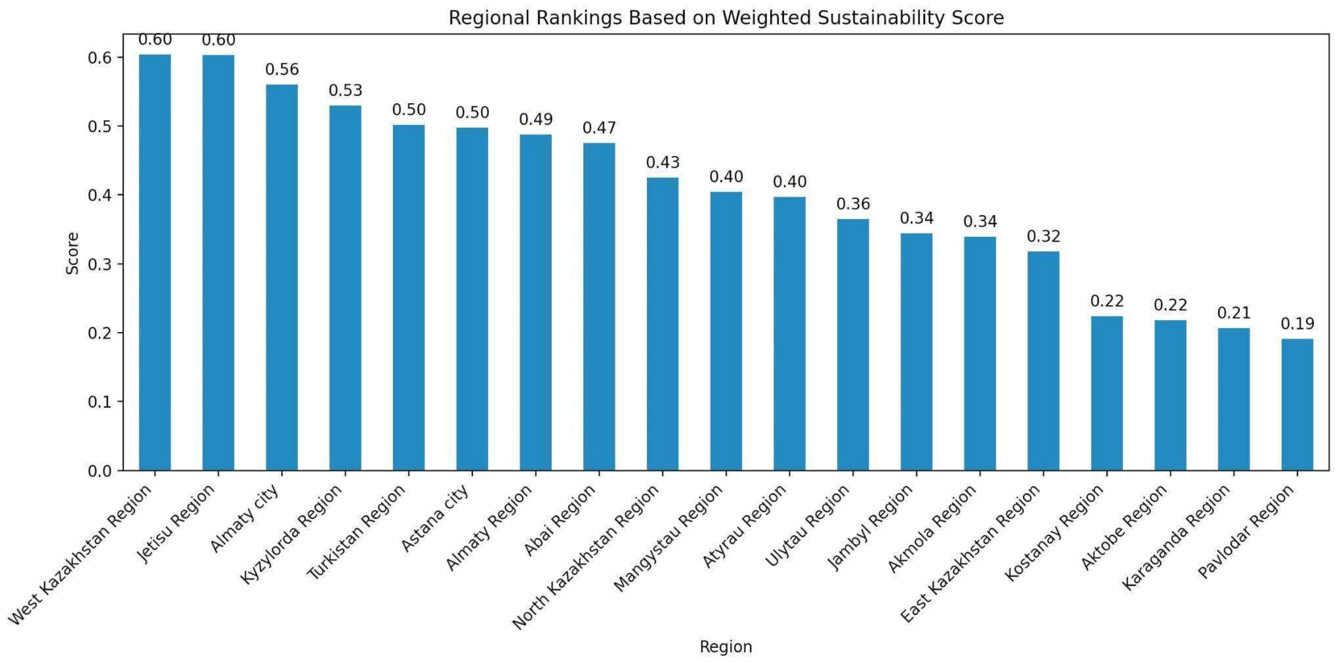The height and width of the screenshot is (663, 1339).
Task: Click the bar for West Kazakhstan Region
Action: [x=155, y=262]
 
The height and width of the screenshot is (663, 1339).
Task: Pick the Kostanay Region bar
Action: [x=1107, y=393]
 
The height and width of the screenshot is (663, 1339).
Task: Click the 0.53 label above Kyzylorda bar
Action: [x=345, y=90]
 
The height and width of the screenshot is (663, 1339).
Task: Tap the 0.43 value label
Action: [x=662, y=163]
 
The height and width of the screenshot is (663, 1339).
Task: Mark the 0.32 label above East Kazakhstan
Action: [x=1043, y=236]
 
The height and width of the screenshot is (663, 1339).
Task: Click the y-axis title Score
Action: [x=73, y=253]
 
